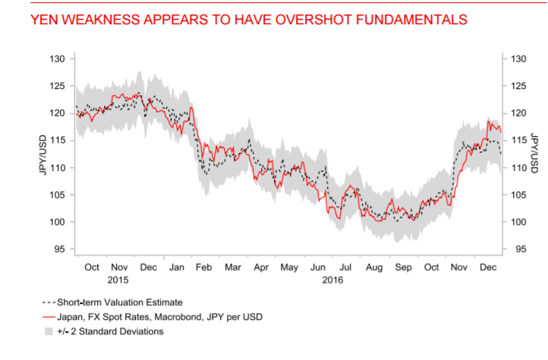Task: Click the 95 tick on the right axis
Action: (518, 249)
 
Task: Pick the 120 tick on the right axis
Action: (518, 113)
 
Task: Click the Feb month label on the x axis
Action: (204, 267)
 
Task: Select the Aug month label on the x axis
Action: (374, 267)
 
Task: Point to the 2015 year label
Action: (118, 279)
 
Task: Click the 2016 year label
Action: (332, 279)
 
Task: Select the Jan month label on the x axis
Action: (176, 267)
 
